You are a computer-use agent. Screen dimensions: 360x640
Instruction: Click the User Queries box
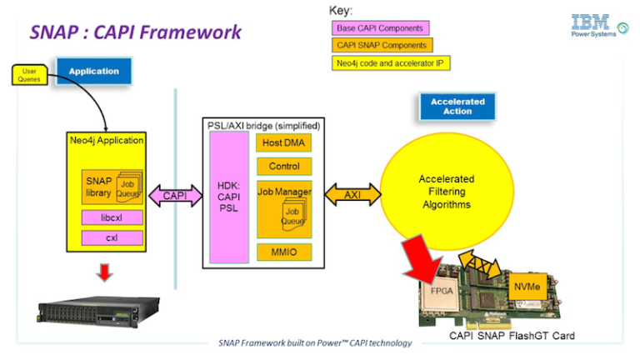click(x=28, y=76)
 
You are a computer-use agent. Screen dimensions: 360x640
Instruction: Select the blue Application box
click(x=93, y=71)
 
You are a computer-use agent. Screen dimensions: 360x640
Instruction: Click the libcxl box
click(x=110, y=217)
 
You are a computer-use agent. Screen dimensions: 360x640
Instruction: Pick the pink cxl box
click(x=110, y=238)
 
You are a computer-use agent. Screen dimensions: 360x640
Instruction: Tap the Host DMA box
click(x=283, y=144)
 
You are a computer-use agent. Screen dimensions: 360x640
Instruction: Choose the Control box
click(x=283, y=167)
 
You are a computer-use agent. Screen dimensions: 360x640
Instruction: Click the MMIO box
click(x=283, y=250)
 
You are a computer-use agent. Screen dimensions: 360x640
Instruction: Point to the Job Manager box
click(x=283, y=192)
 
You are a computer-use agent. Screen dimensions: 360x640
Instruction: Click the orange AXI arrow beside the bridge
click(x=352, y=196)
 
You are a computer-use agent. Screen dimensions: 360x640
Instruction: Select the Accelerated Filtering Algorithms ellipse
click(x=446, y=192)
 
